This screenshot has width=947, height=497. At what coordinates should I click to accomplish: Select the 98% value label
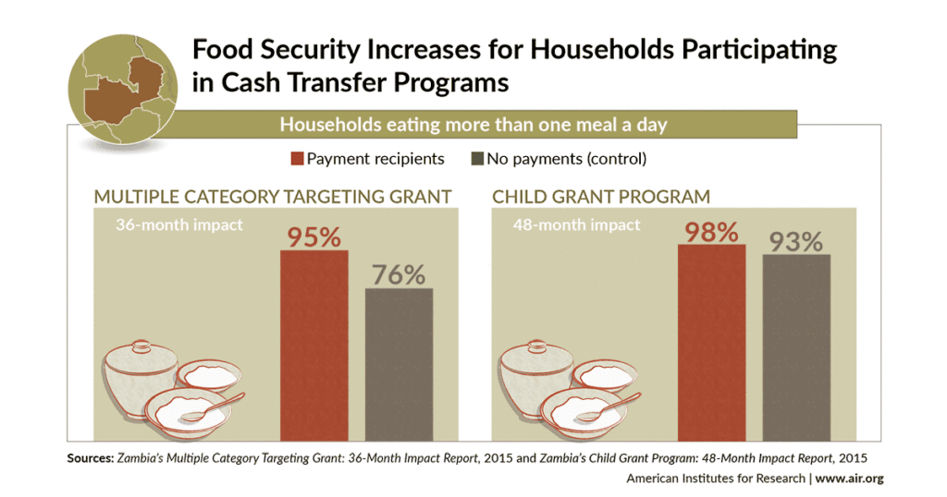[x=710, y=230]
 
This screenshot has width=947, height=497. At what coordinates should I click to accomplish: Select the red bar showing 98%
[x=711, y=342]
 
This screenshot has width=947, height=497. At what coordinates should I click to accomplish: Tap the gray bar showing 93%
[x=795, y=346]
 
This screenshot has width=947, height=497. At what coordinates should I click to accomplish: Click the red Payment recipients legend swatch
[x=296, y=159]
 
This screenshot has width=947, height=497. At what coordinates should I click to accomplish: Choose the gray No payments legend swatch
[x=477, y=159]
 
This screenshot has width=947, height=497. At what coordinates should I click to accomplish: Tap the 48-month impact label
[x=577, y=224]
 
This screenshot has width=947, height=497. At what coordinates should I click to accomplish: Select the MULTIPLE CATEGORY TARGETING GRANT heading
[x=272, y=196]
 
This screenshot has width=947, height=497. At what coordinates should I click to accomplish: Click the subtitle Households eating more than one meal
[x=473, y=124]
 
